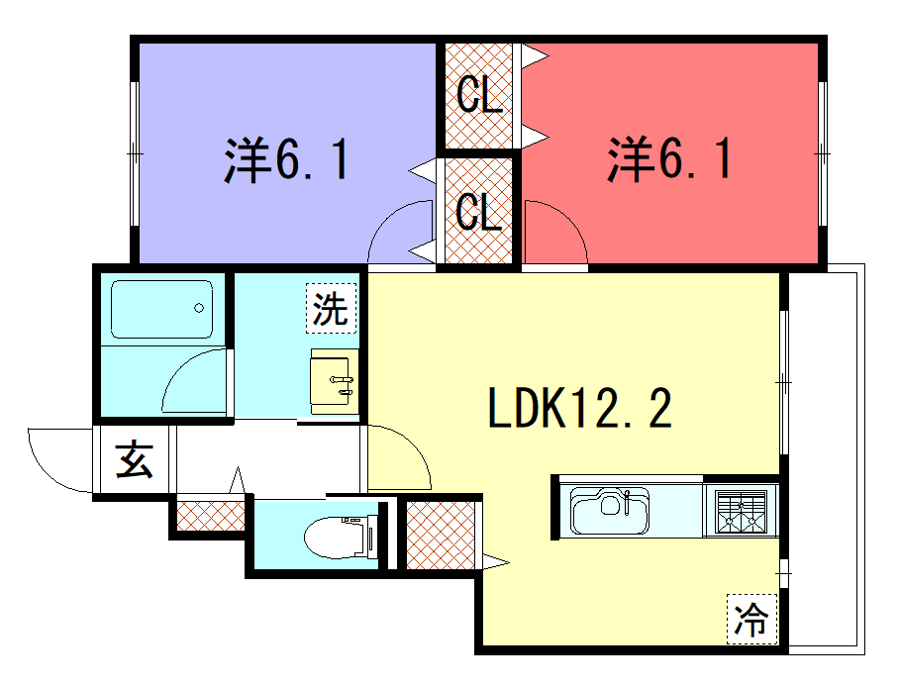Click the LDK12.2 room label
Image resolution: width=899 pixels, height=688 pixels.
coord(579,408)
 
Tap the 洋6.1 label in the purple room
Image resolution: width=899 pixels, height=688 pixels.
coord(286,160)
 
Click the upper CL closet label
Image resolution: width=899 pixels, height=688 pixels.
coord(479,95)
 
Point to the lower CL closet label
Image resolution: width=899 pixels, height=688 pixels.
coord(479,211)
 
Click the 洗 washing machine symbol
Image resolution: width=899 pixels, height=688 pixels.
coord(331,309)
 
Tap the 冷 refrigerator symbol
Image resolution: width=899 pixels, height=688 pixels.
coord(751,620)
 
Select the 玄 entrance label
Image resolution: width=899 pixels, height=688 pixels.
coord(135,459)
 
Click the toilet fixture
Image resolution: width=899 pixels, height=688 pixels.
coord(342,537)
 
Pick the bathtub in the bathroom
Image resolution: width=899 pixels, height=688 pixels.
coord(161,309)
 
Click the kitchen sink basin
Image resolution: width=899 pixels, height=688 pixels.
coord(610,511)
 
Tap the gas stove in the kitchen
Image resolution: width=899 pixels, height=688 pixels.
coord(742,512)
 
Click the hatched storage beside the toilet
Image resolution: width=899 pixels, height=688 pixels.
coord(441,536)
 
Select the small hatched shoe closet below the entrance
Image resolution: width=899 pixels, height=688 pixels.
coord(211,516)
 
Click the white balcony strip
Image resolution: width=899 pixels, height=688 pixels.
coord(826,459)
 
